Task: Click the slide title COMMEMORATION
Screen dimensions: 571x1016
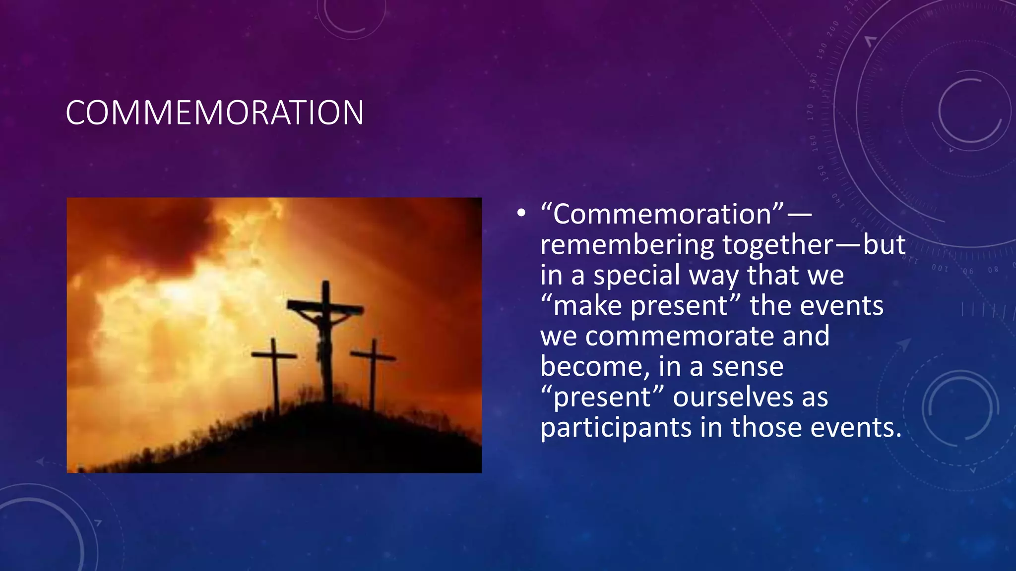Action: coord(214,113)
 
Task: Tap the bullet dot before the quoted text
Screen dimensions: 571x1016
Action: coord(520,214)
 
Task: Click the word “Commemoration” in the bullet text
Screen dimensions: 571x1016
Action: coord(663,214)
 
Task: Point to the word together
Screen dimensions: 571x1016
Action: coord(778,245)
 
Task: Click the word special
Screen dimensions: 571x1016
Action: coord(637,276)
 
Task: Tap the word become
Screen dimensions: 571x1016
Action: coord(595,367)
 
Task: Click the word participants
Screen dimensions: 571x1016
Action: coord(616,428)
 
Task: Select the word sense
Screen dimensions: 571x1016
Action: coord(748,367)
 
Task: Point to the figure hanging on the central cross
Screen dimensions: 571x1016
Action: coord(323,337)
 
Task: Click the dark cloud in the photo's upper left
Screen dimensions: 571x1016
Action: coord(149,233)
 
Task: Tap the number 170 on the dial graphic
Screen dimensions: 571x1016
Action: coord(811,112)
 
